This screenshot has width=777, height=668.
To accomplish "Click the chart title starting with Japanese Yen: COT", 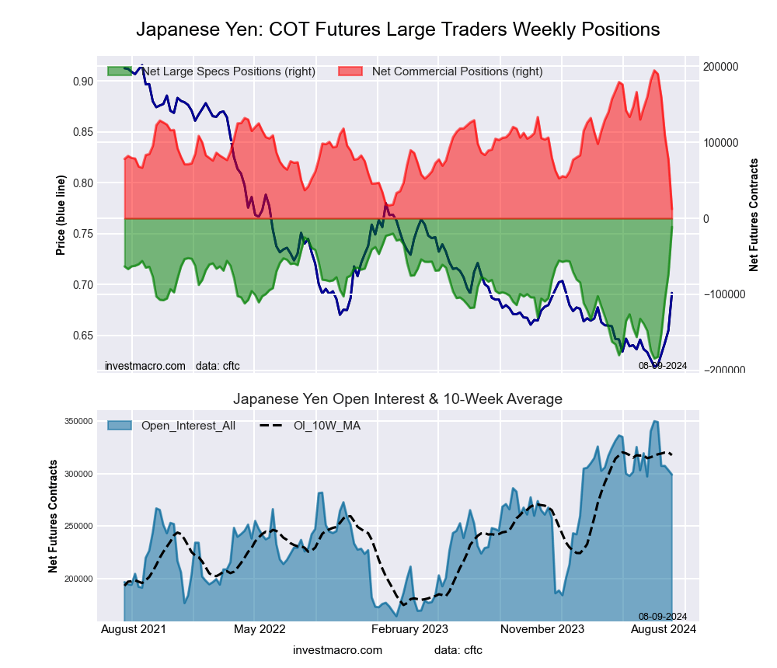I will coord(398,30).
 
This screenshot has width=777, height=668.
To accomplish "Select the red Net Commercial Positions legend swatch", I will coord(351,71).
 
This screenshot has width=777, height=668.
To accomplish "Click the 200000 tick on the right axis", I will coord(722,67).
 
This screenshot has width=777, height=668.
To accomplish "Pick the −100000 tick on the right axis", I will coord(724,294).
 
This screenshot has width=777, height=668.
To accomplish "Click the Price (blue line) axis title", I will coord(61,215).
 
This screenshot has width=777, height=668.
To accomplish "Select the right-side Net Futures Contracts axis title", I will coord(754,215).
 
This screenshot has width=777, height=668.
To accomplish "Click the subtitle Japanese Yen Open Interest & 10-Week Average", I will coord(398,399).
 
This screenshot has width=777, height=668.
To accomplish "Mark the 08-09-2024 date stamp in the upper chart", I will coord(663,365).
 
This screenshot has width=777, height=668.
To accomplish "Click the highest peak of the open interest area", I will coord(655,422).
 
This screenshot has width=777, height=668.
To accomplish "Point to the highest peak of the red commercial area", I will coord(655,71).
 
